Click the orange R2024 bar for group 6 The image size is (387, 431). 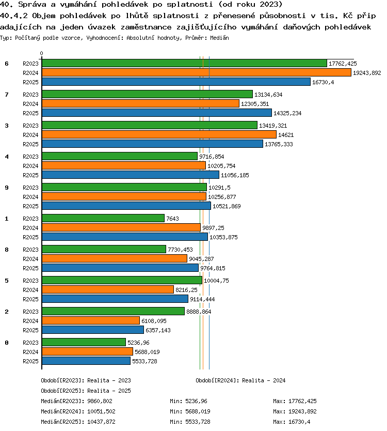point(197,72)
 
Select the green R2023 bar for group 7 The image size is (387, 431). point(147,94)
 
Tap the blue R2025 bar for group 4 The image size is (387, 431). point(131,175)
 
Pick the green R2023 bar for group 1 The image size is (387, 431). point(103,218)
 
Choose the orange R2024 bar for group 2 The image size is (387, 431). point(91,320)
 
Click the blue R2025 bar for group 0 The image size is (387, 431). point(86,361)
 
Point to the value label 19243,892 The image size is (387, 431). point(367,73)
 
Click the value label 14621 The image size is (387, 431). point(286,135)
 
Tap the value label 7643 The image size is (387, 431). point(173,219)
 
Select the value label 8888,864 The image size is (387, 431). point(199,312)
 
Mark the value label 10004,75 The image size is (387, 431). point(216,281)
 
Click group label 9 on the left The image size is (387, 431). point(7,188)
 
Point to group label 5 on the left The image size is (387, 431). point(7,281)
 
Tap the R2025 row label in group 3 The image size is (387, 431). point(30,144)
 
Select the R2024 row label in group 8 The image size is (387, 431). point(30,259)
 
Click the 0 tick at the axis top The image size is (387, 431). point(41,53)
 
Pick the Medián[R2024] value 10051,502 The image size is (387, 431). point(101,411)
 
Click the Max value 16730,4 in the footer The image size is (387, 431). point(299,422)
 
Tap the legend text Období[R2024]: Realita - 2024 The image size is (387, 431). point(240,380)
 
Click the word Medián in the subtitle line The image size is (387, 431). point(219,38)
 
